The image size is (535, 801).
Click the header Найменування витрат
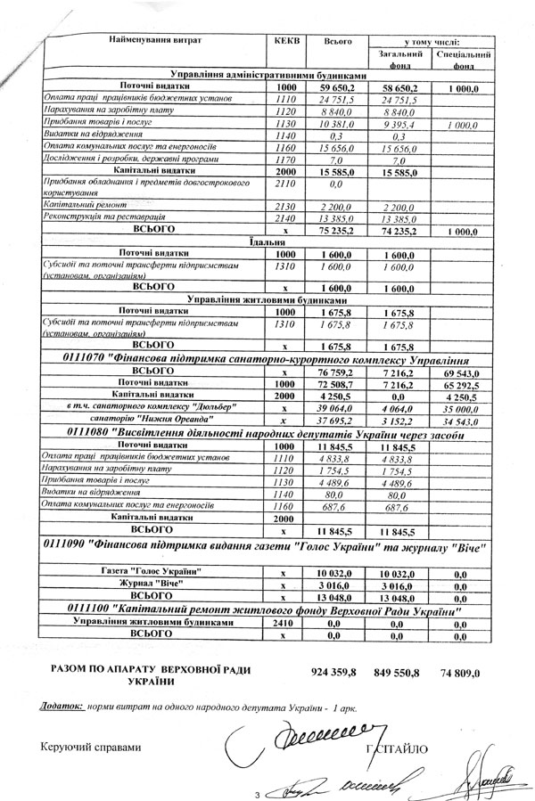pyautogui.click(x=156, y=42)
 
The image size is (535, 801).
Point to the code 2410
pyautogui.click(x=284, y=625)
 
